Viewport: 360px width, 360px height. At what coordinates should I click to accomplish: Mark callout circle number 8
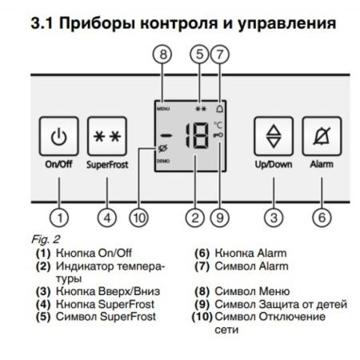coord(164,55)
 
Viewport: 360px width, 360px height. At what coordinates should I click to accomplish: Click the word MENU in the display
coord(163,106)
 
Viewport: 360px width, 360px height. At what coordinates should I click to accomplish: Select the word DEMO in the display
coord(163,162)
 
